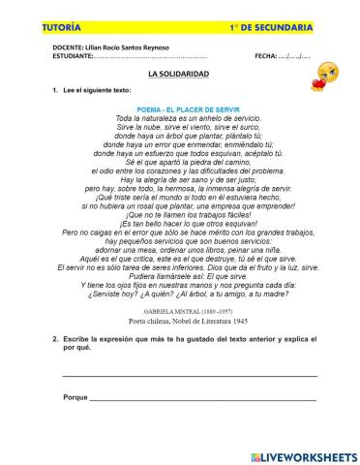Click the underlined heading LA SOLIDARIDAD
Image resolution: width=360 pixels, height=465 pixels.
click(179, 74)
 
